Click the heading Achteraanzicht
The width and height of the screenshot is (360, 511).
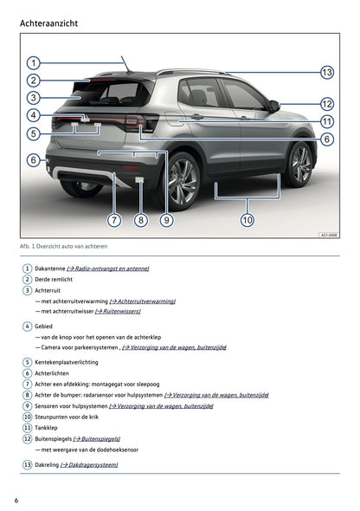[x=48, y=23]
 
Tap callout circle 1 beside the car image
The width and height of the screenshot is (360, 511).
[x=33, y=63]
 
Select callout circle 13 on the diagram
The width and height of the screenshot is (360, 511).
[x=327, y=72]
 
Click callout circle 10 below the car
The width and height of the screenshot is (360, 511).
[x=247, y=220]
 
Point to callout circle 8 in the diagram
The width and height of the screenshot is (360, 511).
[x=140, y=220]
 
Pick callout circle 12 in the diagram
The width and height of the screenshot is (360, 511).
[x=327, y=104]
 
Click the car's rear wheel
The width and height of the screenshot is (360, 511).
[x=181, y=181]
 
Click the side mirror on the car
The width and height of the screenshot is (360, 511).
[x=274, y=107]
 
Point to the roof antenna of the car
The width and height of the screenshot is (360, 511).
[x=125, y=64]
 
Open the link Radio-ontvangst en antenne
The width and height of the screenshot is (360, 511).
[x=108, y=268]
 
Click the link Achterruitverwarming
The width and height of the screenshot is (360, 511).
[x=143, y=301]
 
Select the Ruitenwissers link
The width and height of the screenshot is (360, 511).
[x=118, y=311]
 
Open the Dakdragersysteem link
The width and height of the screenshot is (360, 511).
[x=89, y=465]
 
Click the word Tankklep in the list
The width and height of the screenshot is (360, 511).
[x=46, y=428]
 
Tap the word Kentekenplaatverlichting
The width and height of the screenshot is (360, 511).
[x=67, y=362]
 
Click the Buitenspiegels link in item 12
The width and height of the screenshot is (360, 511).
[x=97, y=438]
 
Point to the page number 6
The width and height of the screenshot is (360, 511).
[x=16, y=501]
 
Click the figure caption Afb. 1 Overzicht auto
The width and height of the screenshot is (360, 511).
[x=63, y=246]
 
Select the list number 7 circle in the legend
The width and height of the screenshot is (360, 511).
[x=28, y=384]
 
